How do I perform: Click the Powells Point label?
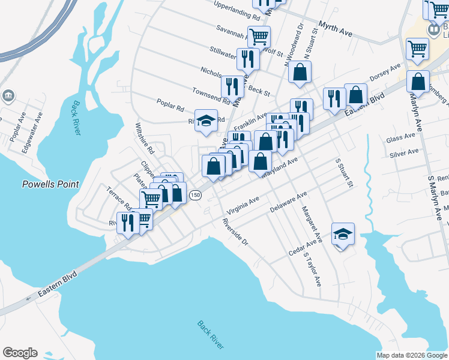(x=50, y=184)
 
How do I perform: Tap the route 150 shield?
(x=195, y=195)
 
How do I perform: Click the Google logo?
(x=20, y=353)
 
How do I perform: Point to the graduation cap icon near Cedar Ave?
(x=343, y=234)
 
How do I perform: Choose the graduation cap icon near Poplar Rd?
(x=206, y=120)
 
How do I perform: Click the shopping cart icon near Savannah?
(x=259, y=36)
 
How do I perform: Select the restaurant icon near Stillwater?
(x=247, y=58)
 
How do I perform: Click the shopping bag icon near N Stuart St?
(x=300, y=72)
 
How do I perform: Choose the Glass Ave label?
(x=401, y=138)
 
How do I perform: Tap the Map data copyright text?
(x=411, y=355)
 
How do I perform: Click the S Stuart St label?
(x=343, y=173)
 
